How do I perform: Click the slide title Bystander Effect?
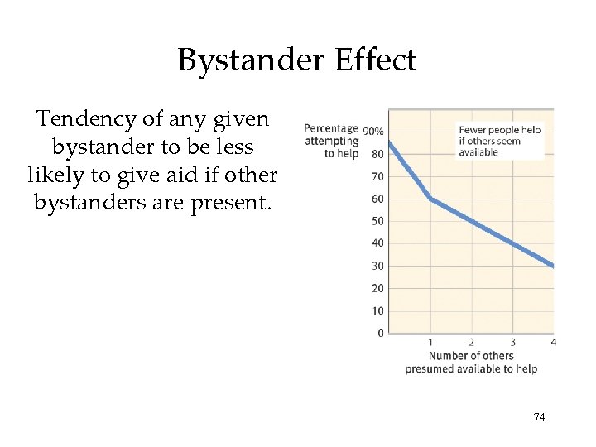[x=296, y=60]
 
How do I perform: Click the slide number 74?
[x=539, y=417]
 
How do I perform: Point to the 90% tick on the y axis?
[x=372, y=131]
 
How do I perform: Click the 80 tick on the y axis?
[x=377, y=154]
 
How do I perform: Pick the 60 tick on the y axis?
[x=377, y=199]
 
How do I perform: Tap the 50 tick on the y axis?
[x=377, y=221]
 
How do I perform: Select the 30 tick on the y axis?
[x=377, y=266]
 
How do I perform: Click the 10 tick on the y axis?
[x=377, y=310]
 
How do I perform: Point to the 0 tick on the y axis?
[x=380, y=333]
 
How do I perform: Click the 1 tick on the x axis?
[x=430, y=342]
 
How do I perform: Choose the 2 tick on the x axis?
[x=471, y=342]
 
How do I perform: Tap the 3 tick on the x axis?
[x=512, y=342]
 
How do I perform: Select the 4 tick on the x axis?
[x=551, y=342]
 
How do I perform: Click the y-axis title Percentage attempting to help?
[x=331, y=141]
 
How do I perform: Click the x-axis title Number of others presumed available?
[x=471, y=362]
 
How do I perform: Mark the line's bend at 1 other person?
[x=430, y=199]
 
